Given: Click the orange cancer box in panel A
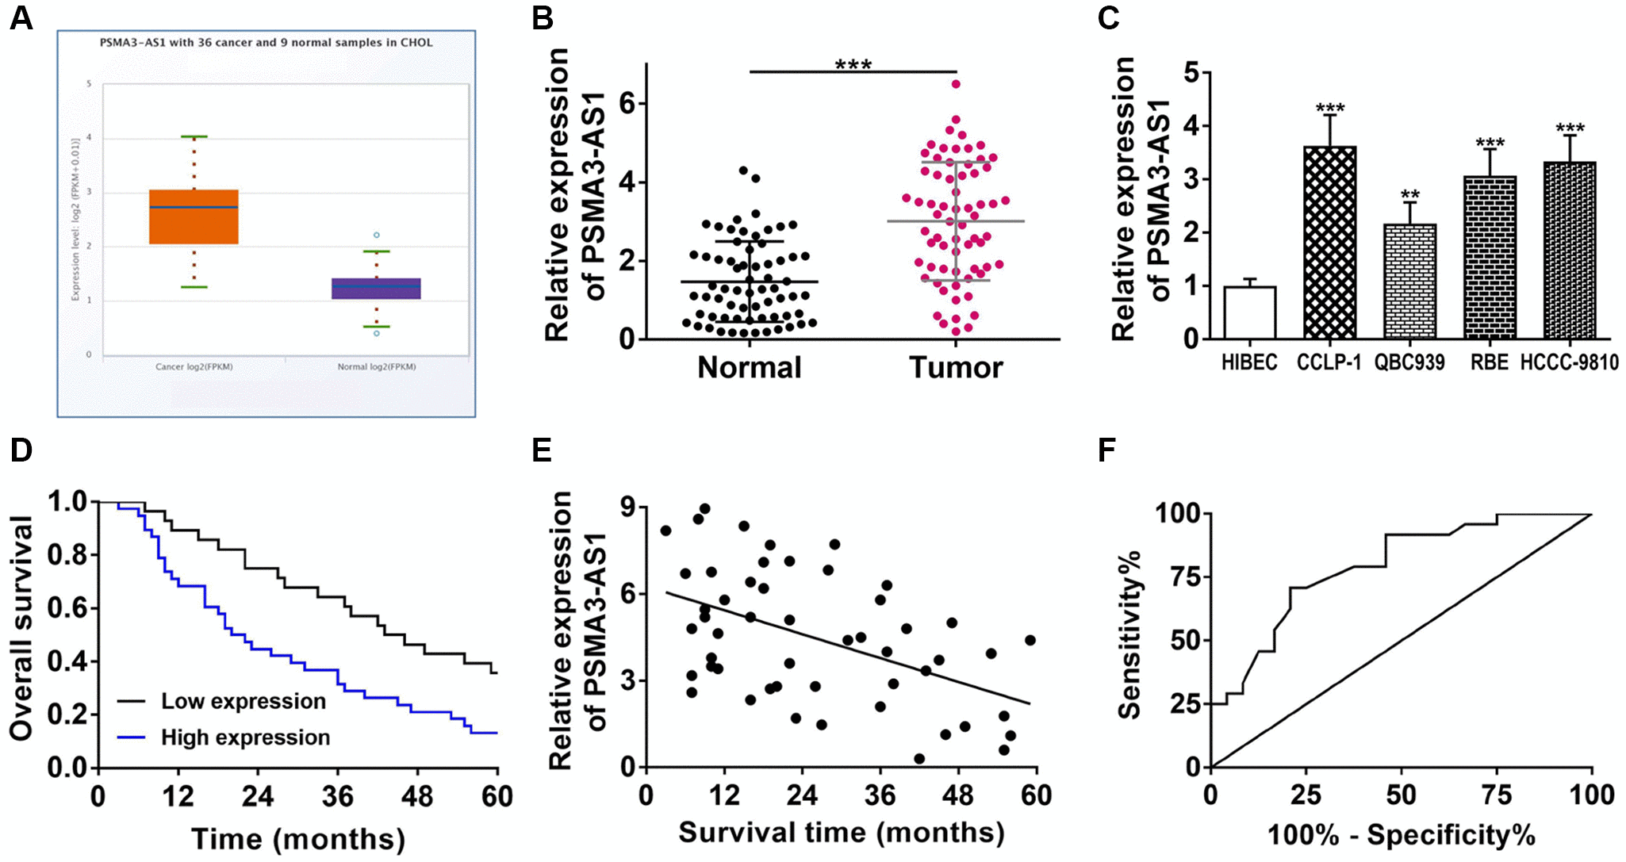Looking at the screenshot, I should coord(194,216).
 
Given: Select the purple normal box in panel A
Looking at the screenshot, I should coord(376,289).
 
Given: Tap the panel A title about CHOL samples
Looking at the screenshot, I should coord(266,43).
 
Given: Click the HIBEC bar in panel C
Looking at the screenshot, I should coord(1249,312).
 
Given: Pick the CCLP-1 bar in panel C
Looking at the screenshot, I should coord(1329,243).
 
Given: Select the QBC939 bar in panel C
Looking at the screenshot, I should coord(1409,282).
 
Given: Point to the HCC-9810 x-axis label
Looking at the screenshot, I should coord(1569,363).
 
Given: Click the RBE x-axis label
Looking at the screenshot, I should coord(1490,363).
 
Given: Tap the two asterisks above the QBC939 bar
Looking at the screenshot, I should coord(1409,194).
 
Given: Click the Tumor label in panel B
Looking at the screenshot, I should coord(956,368).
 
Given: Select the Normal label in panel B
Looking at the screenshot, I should coord(750,368).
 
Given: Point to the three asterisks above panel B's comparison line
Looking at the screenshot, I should coord(853,64).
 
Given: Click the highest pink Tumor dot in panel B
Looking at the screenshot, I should coord(956,84).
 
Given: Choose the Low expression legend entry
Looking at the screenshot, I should coord(243,702).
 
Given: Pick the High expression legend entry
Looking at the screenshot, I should coord(245,737).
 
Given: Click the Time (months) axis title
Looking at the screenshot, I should coord(298,839).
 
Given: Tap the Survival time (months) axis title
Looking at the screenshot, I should coord(841,833).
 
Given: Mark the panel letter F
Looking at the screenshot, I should coord(1106,450).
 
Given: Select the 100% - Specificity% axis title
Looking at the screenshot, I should coord(1401,835).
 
